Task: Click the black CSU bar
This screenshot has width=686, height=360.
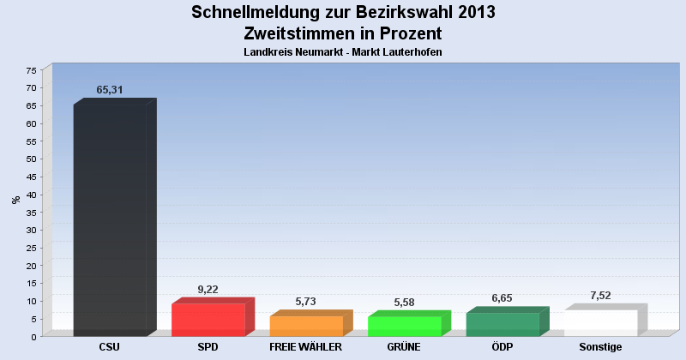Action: [110, 219]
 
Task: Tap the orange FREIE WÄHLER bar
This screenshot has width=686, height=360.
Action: [306, 326]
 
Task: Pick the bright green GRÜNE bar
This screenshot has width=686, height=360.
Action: [404, 326]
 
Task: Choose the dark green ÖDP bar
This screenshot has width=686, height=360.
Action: [502, 324]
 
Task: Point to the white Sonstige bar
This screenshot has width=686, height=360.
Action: [600, 322]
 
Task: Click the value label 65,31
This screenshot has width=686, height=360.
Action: [111, 89]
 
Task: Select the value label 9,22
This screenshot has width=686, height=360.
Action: [208, 290]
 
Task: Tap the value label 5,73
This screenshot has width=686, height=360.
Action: [306, 302]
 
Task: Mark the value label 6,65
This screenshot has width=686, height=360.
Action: [502, 298]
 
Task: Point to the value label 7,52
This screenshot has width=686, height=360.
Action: [600, 296]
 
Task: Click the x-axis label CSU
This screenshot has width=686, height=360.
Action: [110, 347]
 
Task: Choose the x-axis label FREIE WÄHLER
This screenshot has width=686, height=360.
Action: [306, 347]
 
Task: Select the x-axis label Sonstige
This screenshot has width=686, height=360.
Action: [600, 347]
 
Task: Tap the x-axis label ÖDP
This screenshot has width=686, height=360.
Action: [502, 347]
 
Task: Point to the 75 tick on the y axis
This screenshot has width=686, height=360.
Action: [32, 70]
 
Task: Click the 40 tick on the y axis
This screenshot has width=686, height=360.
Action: [32, 195]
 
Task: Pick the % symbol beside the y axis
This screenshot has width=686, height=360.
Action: [15, 200]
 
